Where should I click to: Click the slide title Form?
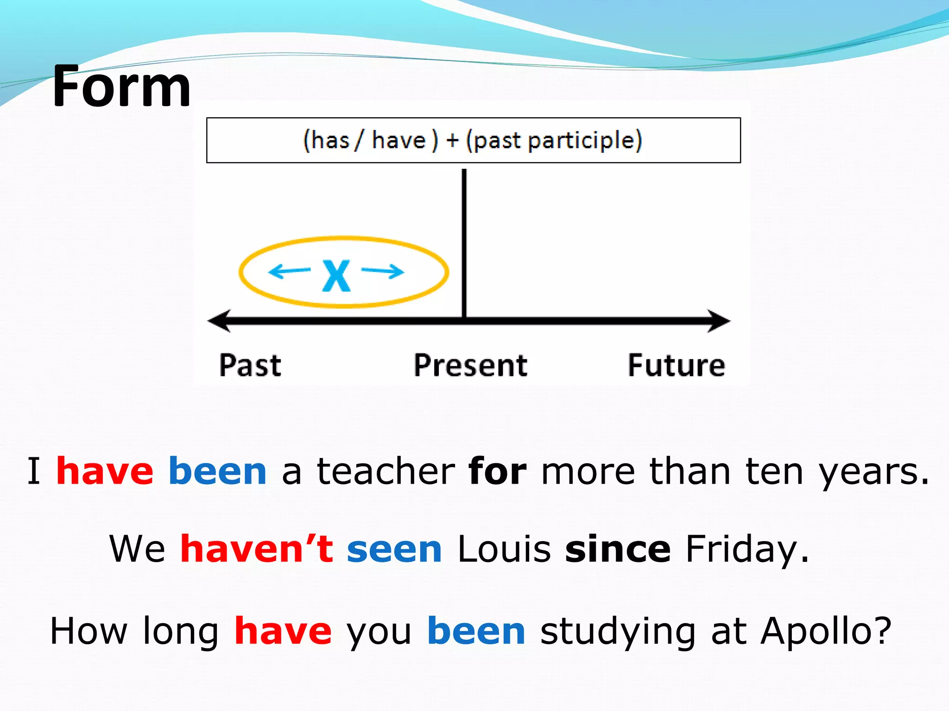point(121,87)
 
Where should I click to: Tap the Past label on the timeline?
point(250,365)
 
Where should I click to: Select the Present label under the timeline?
point(470,365)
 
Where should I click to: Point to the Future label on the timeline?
point(677,365)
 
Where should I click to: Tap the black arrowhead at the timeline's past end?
point(219,321)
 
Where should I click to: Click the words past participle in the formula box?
point(554,140)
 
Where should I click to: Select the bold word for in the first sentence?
point(497,471)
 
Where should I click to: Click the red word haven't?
point(257,549)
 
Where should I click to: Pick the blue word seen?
point(394,549)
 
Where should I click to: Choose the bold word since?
point(618,549)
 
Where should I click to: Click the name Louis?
point(504,549)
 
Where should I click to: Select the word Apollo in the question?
point(825,631)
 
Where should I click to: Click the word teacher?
point(386,471)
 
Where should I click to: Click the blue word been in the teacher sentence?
point(217,471)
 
